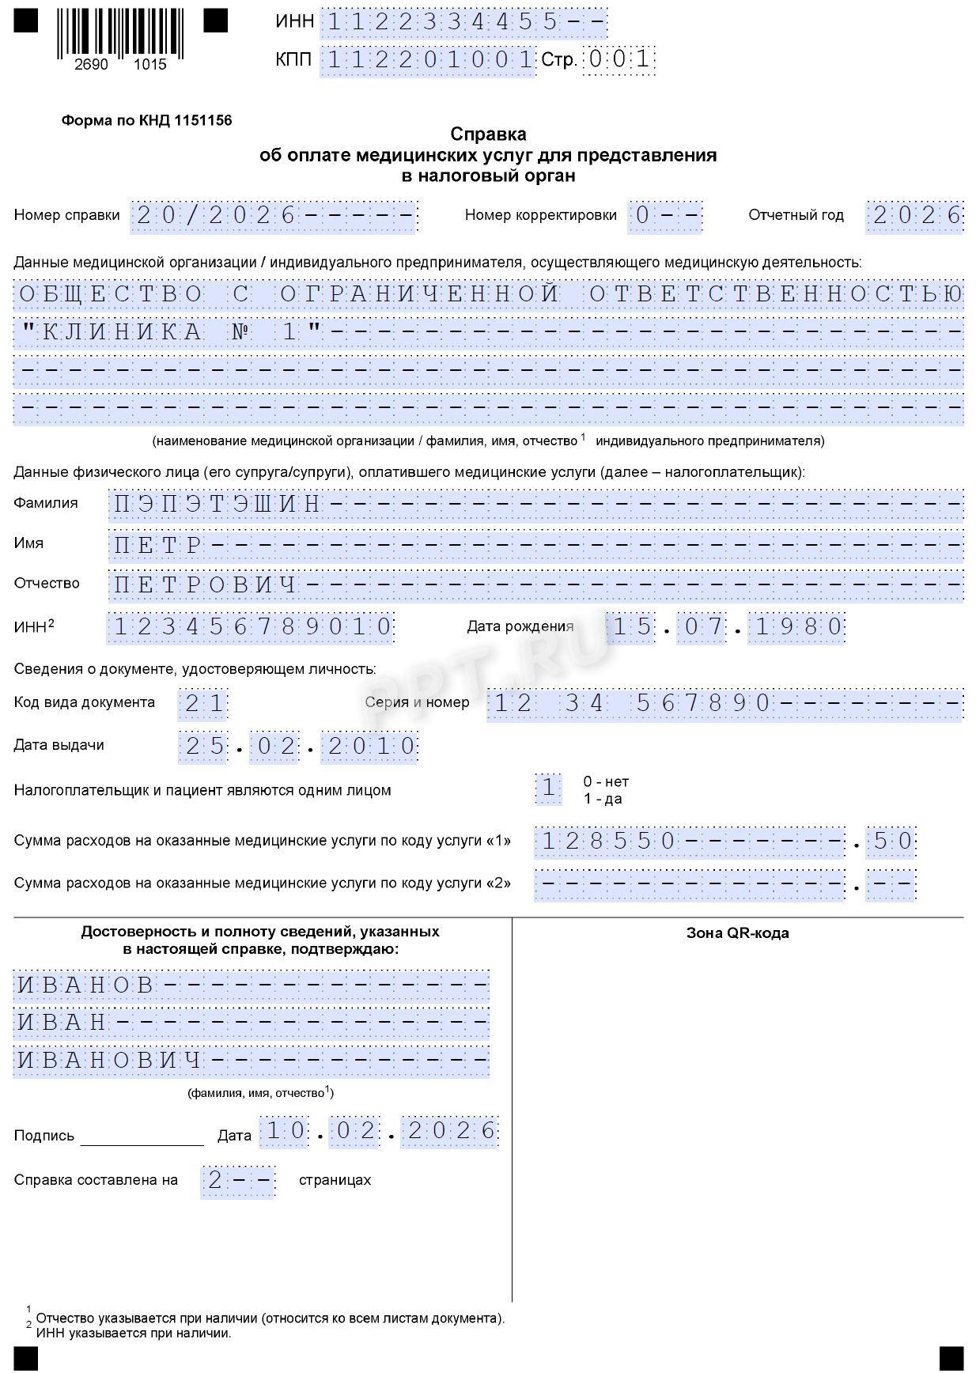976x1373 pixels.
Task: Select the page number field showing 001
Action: click(619, 59)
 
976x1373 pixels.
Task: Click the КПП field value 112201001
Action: click(428, 60)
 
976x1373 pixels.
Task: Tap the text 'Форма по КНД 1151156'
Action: click(146, 121)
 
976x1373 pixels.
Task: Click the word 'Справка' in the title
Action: click(488, 134)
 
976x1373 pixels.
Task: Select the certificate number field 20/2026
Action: click(273, 216)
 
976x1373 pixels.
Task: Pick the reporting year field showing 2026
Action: click(915, 216)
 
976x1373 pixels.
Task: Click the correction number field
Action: click(664, 216)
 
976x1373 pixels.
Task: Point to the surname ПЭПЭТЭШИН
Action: click(218, 504)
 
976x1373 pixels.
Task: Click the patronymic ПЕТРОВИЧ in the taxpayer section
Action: click(206, 585)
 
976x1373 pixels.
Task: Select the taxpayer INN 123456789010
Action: click(252, 627)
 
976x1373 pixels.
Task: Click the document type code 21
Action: click(203, 704)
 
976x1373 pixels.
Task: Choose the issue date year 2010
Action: click(371, 747)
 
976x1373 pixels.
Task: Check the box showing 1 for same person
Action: click(548, 789)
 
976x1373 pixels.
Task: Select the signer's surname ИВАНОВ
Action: click(86, 985)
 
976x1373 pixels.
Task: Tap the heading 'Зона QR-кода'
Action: click(737, 933)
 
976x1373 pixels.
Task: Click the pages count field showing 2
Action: click(236, 1181)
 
